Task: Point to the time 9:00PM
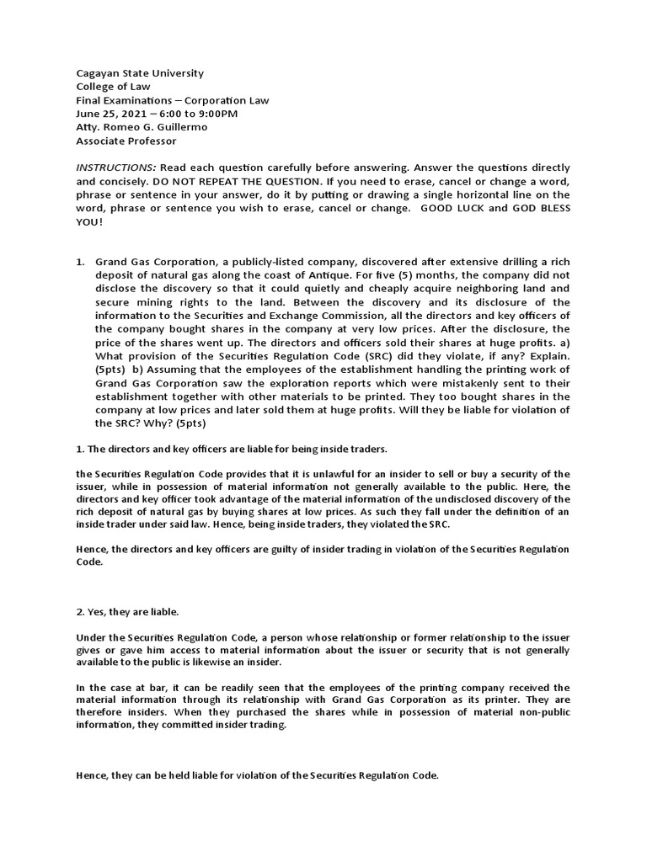click(218, 114)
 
